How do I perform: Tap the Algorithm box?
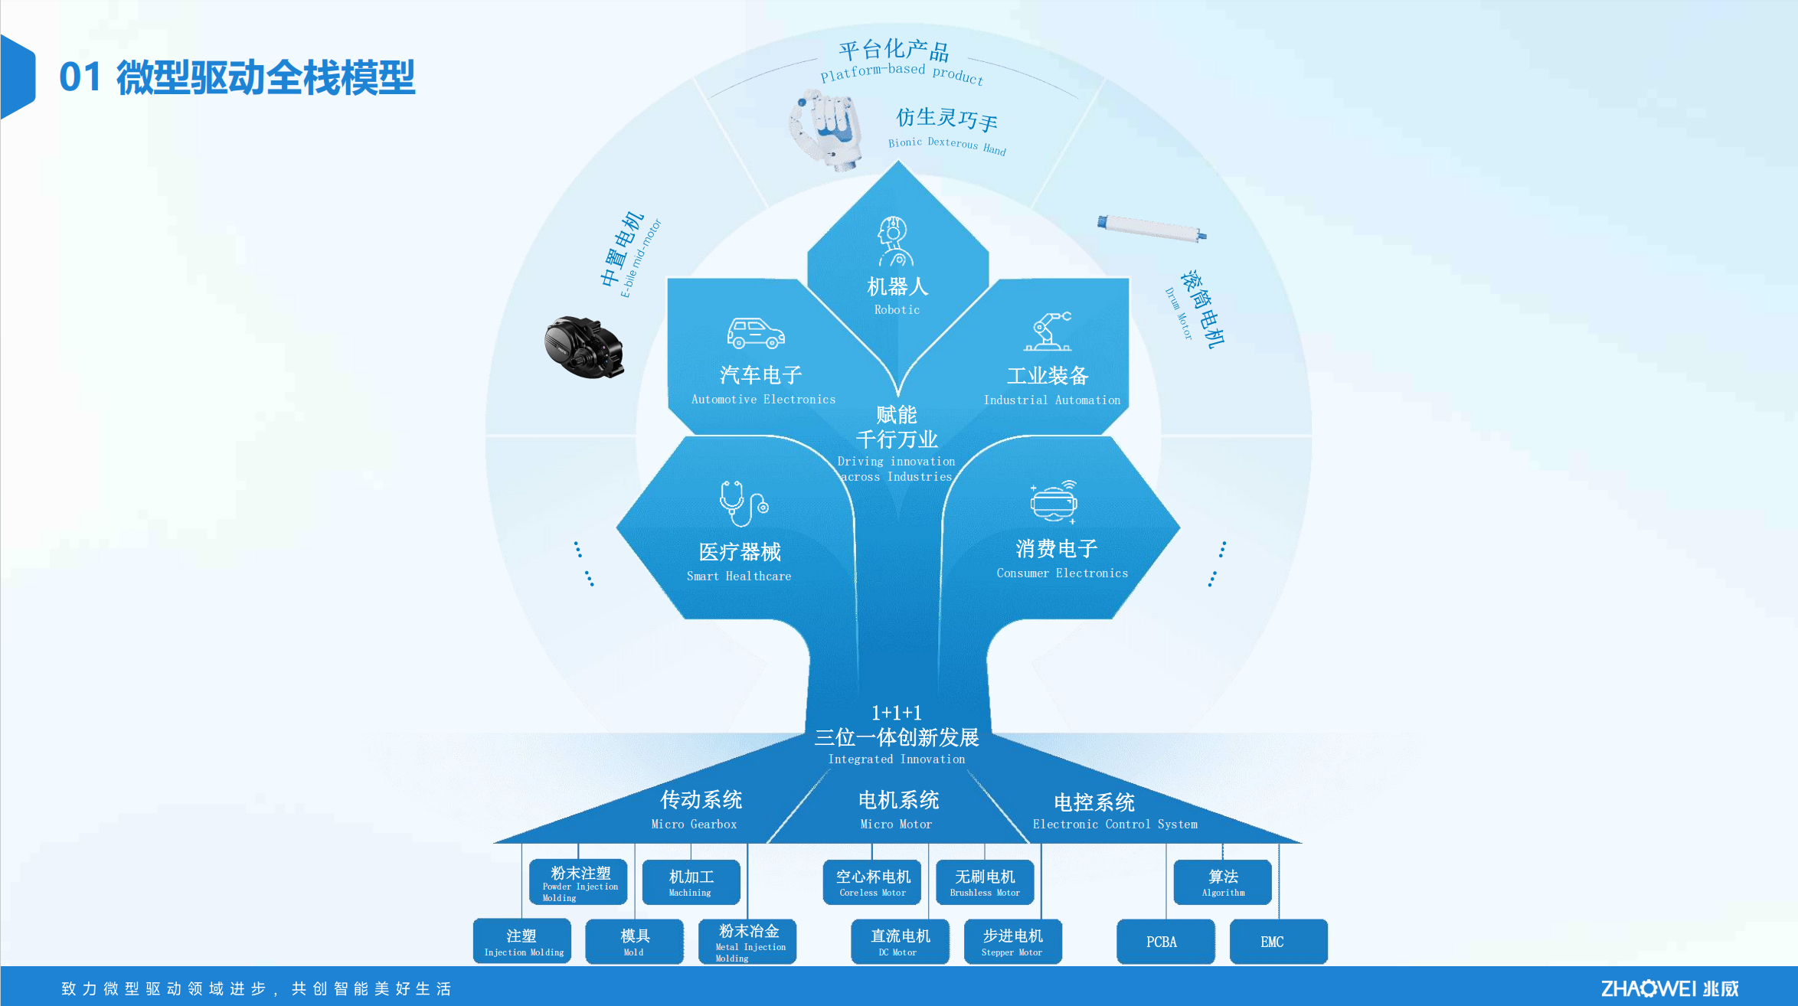tap(1222, 882)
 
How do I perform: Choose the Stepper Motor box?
tap(1012, 942)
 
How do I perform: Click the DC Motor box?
tap(900, 942)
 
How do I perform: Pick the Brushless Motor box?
tap(985, 882)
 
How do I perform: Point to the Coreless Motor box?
tap(872, 882)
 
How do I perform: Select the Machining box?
tap(691, 882)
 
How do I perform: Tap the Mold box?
tap(634, 942)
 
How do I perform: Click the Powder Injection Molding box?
tap(578, 882)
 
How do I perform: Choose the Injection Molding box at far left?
tap(522, 942)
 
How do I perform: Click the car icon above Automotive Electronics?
tap(756, 333)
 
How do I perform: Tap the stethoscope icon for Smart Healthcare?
tap(742, 504)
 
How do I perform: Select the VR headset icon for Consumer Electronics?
tap(1054, 501)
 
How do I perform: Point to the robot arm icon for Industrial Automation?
tap(1048, 331)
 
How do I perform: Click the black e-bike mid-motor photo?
tap(584, 347)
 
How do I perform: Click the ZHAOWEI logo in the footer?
tap(1669, 988)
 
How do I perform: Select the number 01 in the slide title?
tap(80, 77)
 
